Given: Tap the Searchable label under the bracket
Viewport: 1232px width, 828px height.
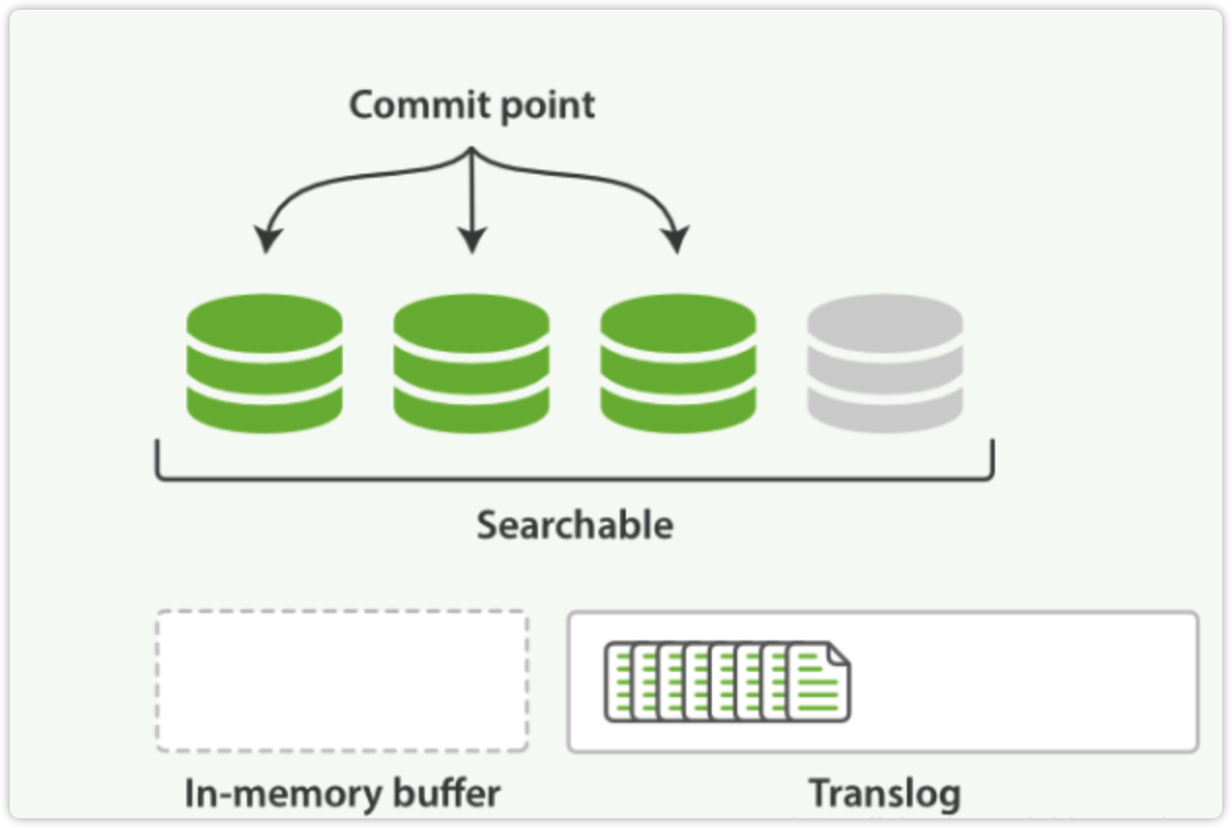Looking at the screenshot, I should (x=575, y=525).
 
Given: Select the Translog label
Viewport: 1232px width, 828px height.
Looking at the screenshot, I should (x=883, y=793).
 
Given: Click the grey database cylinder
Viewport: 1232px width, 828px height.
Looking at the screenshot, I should (x=884, y=363).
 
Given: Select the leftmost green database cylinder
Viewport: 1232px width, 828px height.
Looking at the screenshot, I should (x=264, y=363).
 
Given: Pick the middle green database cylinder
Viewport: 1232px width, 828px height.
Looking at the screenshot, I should (x=471, y=363).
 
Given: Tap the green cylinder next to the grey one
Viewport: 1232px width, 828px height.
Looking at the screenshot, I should (x=678, y=363).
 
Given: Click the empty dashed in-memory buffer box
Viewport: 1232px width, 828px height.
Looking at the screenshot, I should (x=342, y=681).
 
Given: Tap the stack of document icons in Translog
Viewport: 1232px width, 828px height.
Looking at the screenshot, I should (x=726, y=682).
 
